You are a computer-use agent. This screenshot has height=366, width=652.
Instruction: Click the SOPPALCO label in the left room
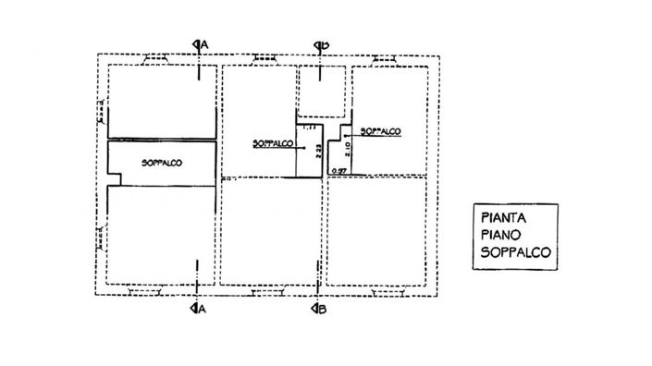click(x=162, y=163)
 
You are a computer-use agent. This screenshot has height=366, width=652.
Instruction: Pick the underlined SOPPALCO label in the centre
click(x=273, y=144)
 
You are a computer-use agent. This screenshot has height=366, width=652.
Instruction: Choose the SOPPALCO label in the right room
click(x=379, y=132)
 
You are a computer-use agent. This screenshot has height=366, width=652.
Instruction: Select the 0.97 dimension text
click(x=340, y=172)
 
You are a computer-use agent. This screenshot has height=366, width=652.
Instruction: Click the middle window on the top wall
click(x=268, y=58)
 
